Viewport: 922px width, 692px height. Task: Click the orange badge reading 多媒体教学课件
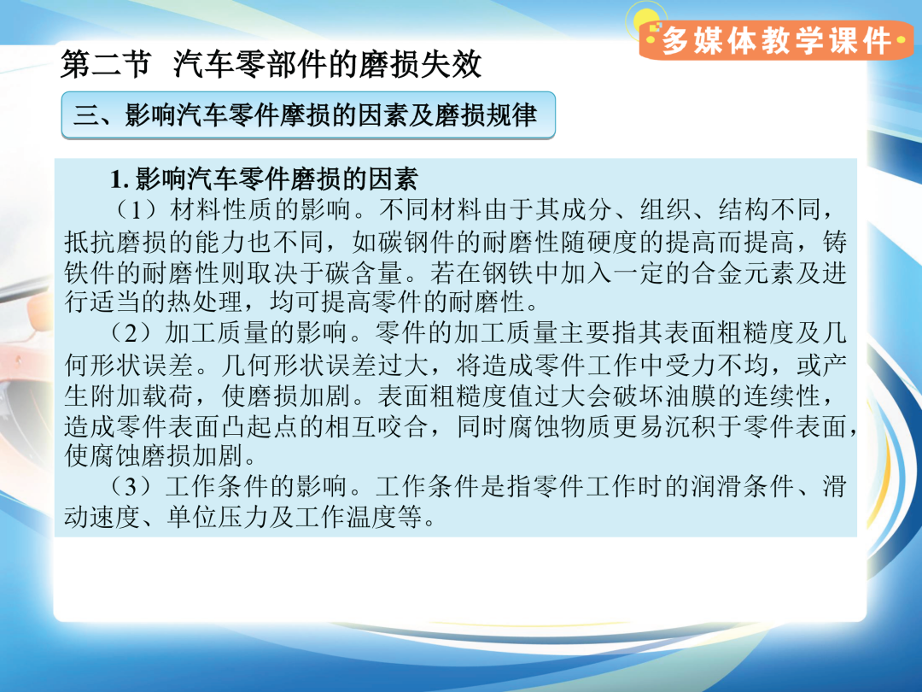pyautogui.click(x=776, y=40)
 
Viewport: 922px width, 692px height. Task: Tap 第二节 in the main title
pyautogui.click(x=106, y=64)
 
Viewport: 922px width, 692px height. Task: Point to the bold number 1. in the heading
pyautogui.click(x=120, y=179)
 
